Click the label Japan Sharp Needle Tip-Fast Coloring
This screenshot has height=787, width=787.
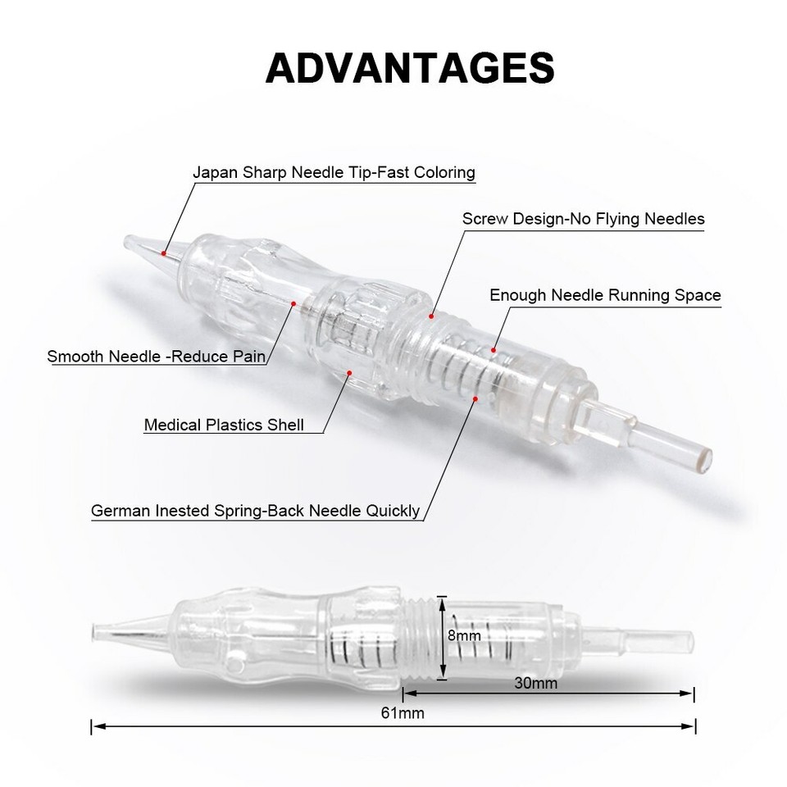pos(334,173)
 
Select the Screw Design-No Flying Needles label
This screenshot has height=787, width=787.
pos(583,219)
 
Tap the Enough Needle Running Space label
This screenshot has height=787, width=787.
pos(605,295)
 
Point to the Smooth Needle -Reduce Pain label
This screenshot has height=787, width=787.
pos(158,357)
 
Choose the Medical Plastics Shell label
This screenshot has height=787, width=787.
pos(224,425)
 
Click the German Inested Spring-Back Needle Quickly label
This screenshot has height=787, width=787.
pos(255,511)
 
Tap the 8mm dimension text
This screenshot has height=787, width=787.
pos(463,635)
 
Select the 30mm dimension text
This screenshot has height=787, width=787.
pos(538,682)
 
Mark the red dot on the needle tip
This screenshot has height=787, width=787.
pos(165,253)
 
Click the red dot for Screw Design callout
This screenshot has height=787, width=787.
pos(432,315)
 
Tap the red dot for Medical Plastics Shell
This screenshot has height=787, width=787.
pos(350,373)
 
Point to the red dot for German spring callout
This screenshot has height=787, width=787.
pos(476,399)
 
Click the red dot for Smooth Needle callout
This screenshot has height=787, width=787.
pos(293,303)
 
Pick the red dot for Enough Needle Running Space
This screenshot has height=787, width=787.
pos(494,351)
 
